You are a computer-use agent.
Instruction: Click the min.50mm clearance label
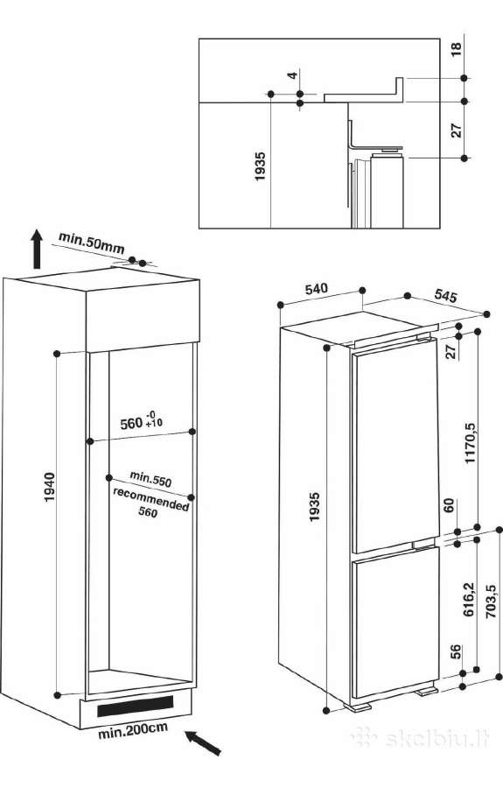[x=91, y=242]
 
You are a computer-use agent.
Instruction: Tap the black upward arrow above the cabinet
[x=36, y=249]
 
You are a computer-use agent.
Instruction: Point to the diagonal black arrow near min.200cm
[x=203, y=743]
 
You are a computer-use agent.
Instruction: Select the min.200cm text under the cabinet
[x=132, y=731]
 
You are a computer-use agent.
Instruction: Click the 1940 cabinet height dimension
[x=49, y=487]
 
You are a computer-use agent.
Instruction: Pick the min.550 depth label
[x=150, y=478]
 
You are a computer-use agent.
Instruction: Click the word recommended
[x=150, y=498]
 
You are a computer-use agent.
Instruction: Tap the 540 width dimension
[x=317, y=288]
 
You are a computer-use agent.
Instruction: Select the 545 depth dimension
[x=446, y=296]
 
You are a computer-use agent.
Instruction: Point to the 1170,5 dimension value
[x=471, y=443]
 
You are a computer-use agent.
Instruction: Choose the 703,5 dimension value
[x=491, y=601]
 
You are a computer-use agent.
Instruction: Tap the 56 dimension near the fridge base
[x=455, y=651]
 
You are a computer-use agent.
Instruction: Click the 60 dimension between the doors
[x=449, y=505]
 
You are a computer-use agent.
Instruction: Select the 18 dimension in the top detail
[x=456, y=50]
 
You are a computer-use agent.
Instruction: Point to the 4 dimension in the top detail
[x=292, y=75]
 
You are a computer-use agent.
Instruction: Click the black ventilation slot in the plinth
[x=135, y=706]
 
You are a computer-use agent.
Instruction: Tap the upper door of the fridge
[x=395, y=447]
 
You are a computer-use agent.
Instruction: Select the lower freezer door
[x=396, y=623]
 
